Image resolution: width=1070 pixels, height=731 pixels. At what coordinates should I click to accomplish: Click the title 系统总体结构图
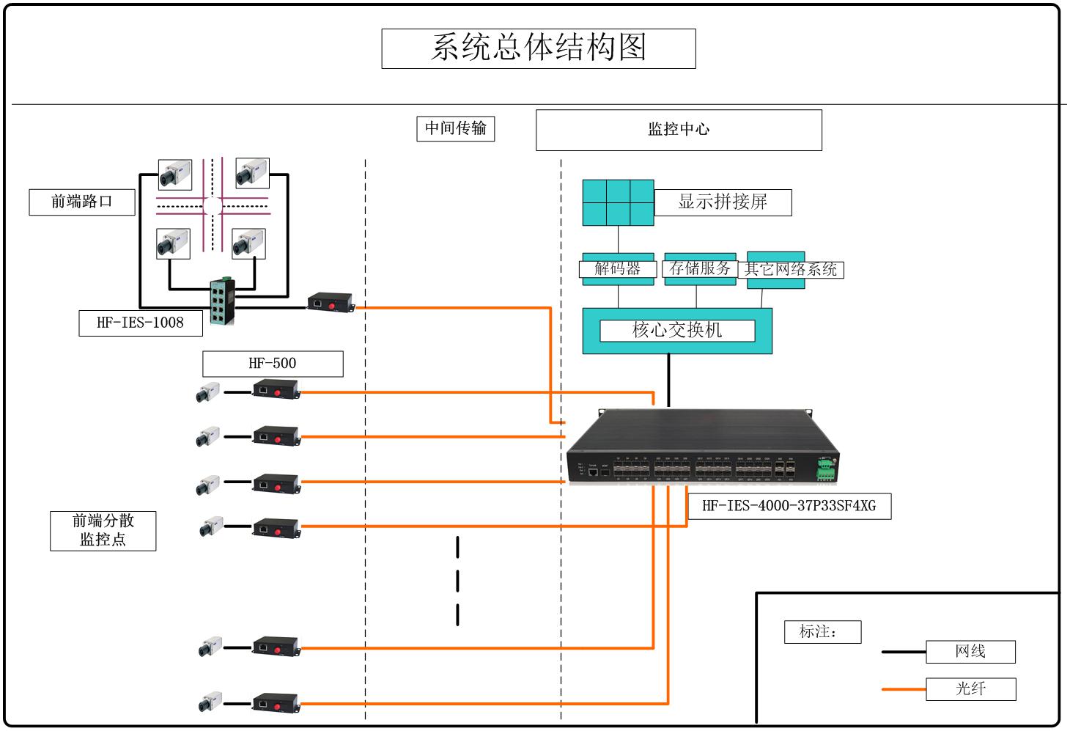(539, 48)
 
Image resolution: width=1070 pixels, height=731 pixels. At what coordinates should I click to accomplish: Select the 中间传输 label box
(455, 128)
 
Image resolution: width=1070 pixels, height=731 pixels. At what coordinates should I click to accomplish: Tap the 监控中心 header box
(679, 130)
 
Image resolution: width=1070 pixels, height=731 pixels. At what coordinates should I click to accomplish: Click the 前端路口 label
(82, 202)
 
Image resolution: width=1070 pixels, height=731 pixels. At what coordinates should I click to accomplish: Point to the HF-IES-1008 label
(140, 323)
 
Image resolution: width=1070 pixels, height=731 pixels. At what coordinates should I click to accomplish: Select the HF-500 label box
(273, 364)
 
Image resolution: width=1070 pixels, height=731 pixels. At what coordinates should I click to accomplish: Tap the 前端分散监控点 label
(103, 530)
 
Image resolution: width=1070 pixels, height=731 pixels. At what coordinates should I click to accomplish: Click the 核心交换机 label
(677, 331)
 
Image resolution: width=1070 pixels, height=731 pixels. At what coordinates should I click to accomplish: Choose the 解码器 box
(618, 269)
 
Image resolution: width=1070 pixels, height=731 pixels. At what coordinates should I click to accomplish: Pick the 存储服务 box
(700, 269)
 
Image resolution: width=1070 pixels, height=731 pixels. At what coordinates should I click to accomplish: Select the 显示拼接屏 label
(723, 202)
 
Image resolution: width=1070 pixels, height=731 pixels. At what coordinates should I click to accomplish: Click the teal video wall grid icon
(618, 202)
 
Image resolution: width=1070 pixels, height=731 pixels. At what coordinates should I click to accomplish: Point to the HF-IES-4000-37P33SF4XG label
(789, 506)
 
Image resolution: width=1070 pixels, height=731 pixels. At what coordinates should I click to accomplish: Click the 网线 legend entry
(970, 651)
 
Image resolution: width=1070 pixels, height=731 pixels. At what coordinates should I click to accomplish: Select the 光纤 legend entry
(970, 688)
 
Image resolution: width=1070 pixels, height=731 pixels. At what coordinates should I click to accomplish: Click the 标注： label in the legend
(822, 632)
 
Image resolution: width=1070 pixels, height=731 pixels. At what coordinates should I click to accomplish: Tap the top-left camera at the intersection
(175, 175)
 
